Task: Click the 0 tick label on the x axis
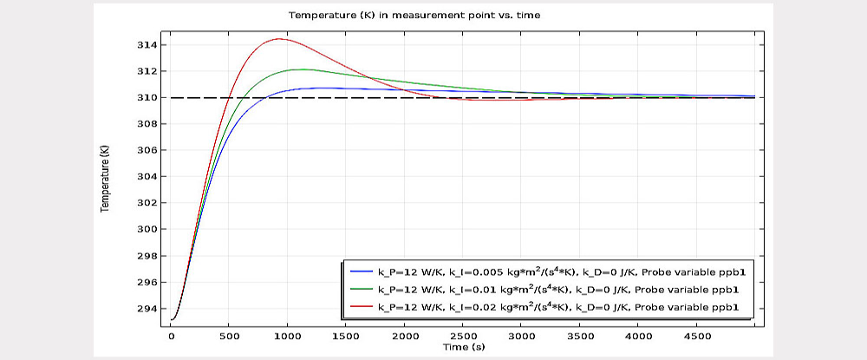[171, 335]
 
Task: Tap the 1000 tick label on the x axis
[288, 335]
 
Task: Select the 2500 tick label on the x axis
[462, 335]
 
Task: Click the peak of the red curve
[278, 38]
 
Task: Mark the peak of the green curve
[299, 69]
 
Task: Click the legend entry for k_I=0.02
[555, 306]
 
